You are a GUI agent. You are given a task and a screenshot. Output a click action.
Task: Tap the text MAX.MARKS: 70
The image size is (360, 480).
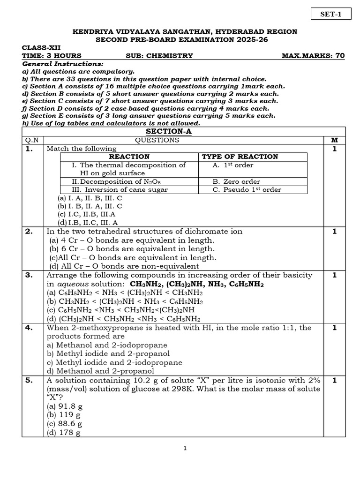pyautogui.click(x=313, y=56)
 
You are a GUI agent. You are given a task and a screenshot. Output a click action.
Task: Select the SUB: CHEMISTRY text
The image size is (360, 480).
pyautogui.click(x=159, y=56)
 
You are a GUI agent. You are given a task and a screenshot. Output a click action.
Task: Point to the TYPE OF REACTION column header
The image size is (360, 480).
pyautogui.click(x=240, y=157)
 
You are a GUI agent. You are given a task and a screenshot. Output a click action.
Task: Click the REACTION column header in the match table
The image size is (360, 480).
pyautogui.click(x=129, y=157)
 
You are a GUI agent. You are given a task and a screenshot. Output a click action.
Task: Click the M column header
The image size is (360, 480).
pyautogui.click(x=334, y=140)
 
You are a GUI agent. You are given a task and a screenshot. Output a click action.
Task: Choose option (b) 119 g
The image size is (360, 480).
pyautogui.click(x=64, y=415)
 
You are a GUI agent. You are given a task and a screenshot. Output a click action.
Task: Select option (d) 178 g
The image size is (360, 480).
pyautogui.click(x=64, y=433)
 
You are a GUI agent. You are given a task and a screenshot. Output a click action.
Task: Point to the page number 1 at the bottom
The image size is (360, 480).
pyautogui.click(x=185, y=449)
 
